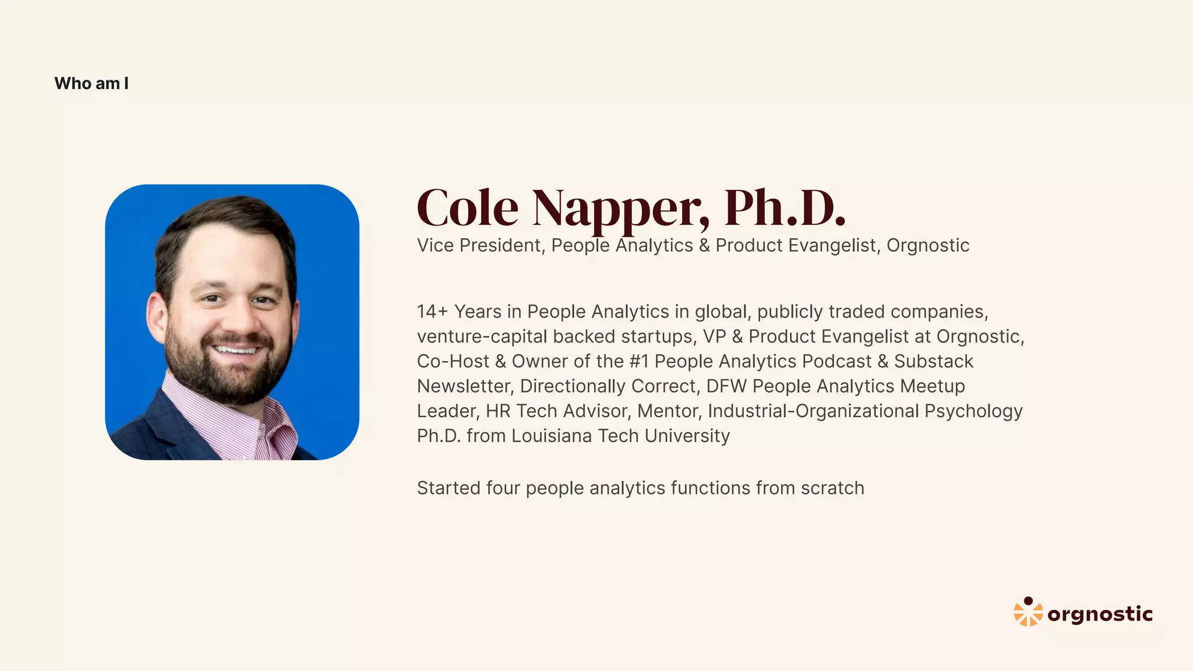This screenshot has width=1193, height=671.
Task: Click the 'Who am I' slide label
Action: click(91, 83)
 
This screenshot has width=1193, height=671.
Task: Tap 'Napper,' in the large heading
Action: click(620, 208)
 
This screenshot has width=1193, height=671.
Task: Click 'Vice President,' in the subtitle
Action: click(481, 245)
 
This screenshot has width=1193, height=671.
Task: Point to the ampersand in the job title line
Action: click(704, 245)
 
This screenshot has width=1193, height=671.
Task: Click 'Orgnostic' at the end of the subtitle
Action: click(927, 245)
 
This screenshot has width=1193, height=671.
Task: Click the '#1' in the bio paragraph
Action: click(639, 361)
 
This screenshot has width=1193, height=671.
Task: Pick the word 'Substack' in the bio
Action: click(933, 361)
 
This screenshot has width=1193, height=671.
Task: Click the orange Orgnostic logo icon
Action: click(1028, 612)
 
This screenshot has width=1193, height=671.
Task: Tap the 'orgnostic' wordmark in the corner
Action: click(1100, 614)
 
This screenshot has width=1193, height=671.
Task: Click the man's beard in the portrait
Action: click(227, 373)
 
